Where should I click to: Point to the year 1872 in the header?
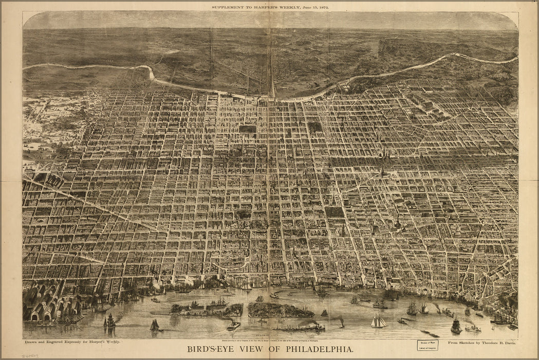pos(322,8)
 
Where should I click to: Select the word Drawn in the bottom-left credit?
pos(31,342)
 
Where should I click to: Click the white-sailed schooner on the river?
pos(379,322)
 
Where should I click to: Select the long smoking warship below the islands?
pos(300,327)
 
